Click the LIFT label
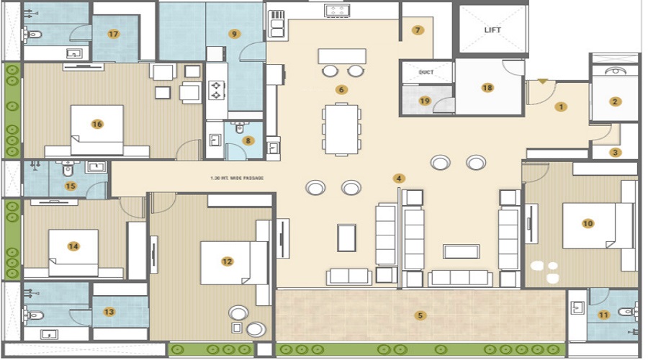coord(492,30)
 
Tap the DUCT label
coord(426,73)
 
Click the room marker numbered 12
coord(228,261)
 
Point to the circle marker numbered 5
coord(420,315)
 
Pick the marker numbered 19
coord(425,101)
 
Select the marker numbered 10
coord(588,223)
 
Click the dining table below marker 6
coord(341,129)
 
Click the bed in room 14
coord(73,253)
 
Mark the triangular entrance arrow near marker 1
coord(542,81)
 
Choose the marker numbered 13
coord(109,312)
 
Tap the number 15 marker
coord(71,186)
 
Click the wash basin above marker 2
coord(614,71)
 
